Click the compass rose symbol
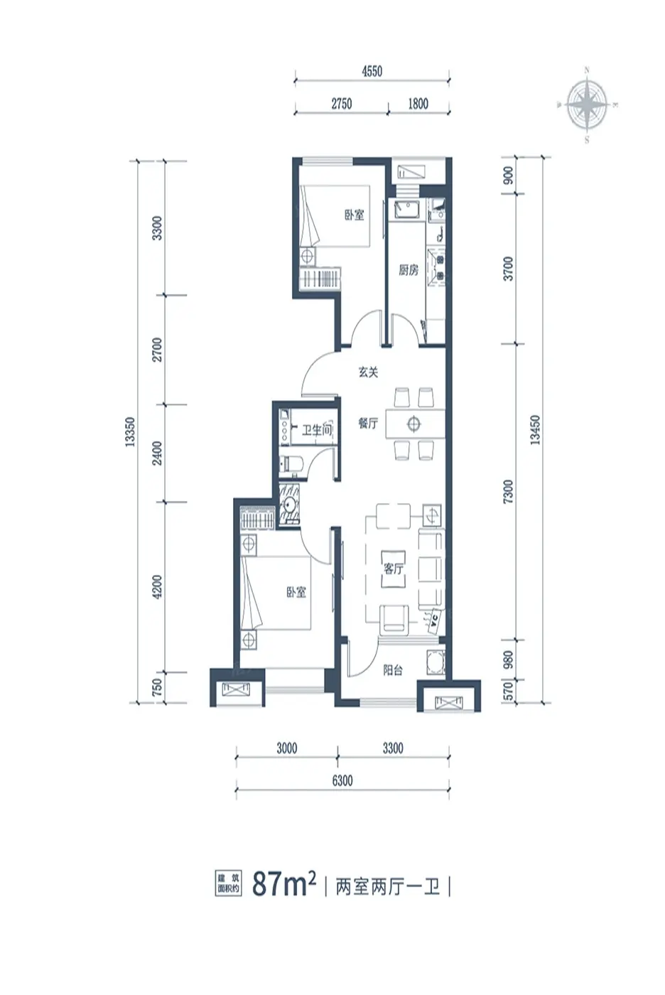[587, 105]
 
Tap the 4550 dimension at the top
[372, 71]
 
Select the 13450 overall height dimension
[535, 430]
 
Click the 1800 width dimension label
[418, 104]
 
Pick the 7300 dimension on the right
[508, 491]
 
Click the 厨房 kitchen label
[408, 270]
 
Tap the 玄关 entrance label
[369, 372]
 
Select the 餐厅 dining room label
[369, 424]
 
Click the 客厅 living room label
[394, 569]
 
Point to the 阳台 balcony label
[393, 669]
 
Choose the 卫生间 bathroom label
[317, 430]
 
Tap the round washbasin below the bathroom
[290, 505]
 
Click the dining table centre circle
[413, 424]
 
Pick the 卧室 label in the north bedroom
[355, 215]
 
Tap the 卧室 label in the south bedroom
[296, 592]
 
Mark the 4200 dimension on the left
[157, 587]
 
